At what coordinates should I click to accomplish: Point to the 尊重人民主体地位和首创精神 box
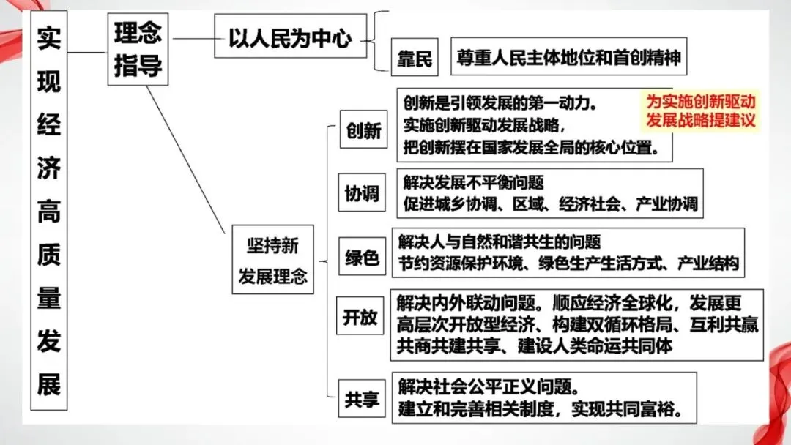point(568,57)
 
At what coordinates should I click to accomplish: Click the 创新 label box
point(363,131)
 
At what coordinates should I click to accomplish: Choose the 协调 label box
point(363,193)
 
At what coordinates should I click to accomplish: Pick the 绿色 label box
point(362,258)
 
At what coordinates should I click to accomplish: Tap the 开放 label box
point(360,317)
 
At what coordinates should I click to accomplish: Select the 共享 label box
point(362,400)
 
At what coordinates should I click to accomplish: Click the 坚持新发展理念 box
point(272,260)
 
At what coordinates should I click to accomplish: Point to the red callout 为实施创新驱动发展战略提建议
point(699,111)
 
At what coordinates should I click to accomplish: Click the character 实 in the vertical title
point(49,38)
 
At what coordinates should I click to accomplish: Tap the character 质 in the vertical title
point(49,255)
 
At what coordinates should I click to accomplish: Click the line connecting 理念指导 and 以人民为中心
point(191,39)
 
